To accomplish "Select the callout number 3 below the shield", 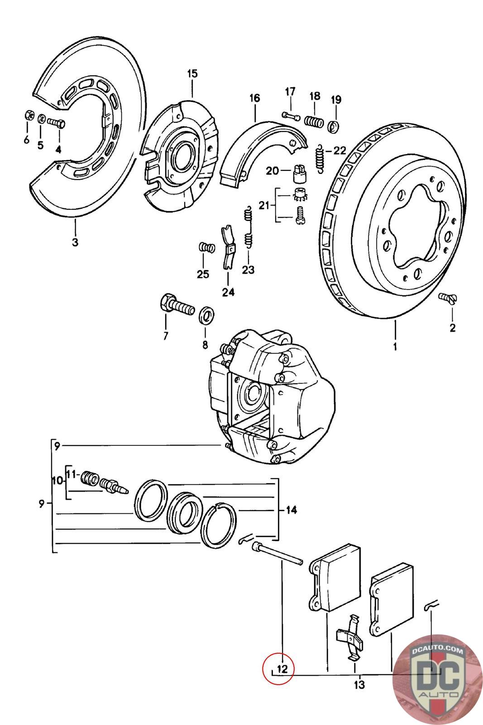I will (75, 242).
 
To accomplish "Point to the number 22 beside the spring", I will (340, 150).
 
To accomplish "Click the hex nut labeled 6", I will (27, 116).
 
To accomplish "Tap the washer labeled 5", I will (41, 119).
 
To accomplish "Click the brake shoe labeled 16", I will (258, 150).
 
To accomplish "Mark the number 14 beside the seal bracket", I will (291, 510).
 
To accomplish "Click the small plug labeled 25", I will (206, 248).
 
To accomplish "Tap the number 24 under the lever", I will (228, 292).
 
